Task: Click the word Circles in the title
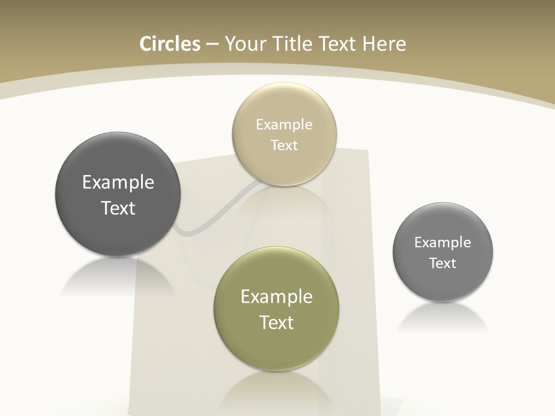[170, 44]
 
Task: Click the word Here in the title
[384, 44]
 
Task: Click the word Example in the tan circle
[284, 125]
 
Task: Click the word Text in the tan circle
[284, 146]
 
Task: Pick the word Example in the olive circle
[276, 297]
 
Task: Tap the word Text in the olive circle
[276, 322]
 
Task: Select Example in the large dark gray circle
[118, 183]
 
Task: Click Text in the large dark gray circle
[118, 208]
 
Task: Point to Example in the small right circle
[443, 243]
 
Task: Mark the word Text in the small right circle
[443, 263]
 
